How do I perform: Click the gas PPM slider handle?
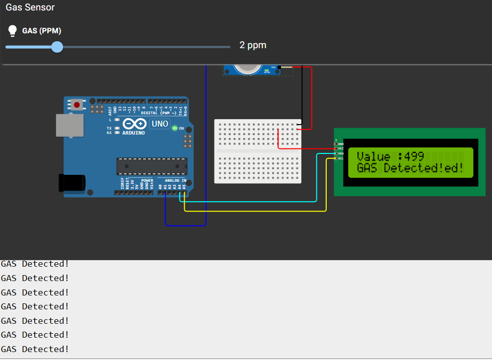click(x=57, y=47)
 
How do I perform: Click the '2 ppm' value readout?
click(x=253, y=45)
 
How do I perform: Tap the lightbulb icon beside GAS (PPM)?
click(x=13, y=31)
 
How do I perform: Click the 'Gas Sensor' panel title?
click(x=30, y=7)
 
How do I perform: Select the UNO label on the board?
click(x=160, y=124)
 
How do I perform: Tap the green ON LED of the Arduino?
click(x=174, y=128)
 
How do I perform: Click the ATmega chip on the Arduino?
click(x=151, y=166)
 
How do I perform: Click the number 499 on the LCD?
click(x=414, y=156)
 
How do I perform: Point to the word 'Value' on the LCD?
click(x=374, y=156)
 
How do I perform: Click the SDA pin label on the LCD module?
click(x=341, y=153)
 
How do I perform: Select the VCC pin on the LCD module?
click(x=337, y=148)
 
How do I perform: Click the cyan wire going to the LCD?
click(x=248, y=202)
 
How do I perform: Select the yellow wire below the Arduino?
click(x=248, y=211)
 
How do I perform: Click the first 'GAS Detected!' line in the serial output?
click(x=35, y=264)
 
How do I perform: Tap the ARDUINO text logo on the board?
click(x=134, y=133)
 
